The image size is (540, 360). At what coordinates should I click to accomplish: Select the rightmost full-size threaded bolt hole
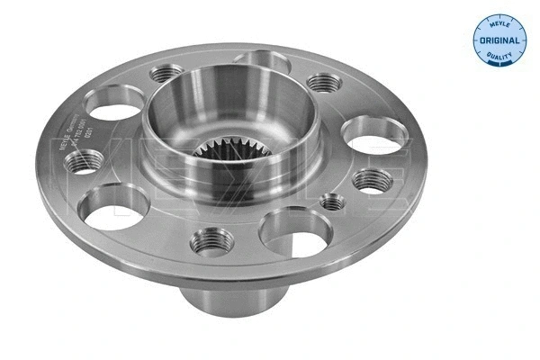[x=371, y=179]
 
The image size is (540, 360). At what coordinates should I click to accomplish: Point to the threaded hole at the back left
[x=167, y=75]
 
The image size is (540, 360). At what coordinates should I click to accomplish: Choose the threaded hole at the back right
[x=324, y=83]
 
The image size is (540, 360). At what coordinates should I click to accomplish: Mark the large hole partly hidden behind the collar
[x=261, y=63]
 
